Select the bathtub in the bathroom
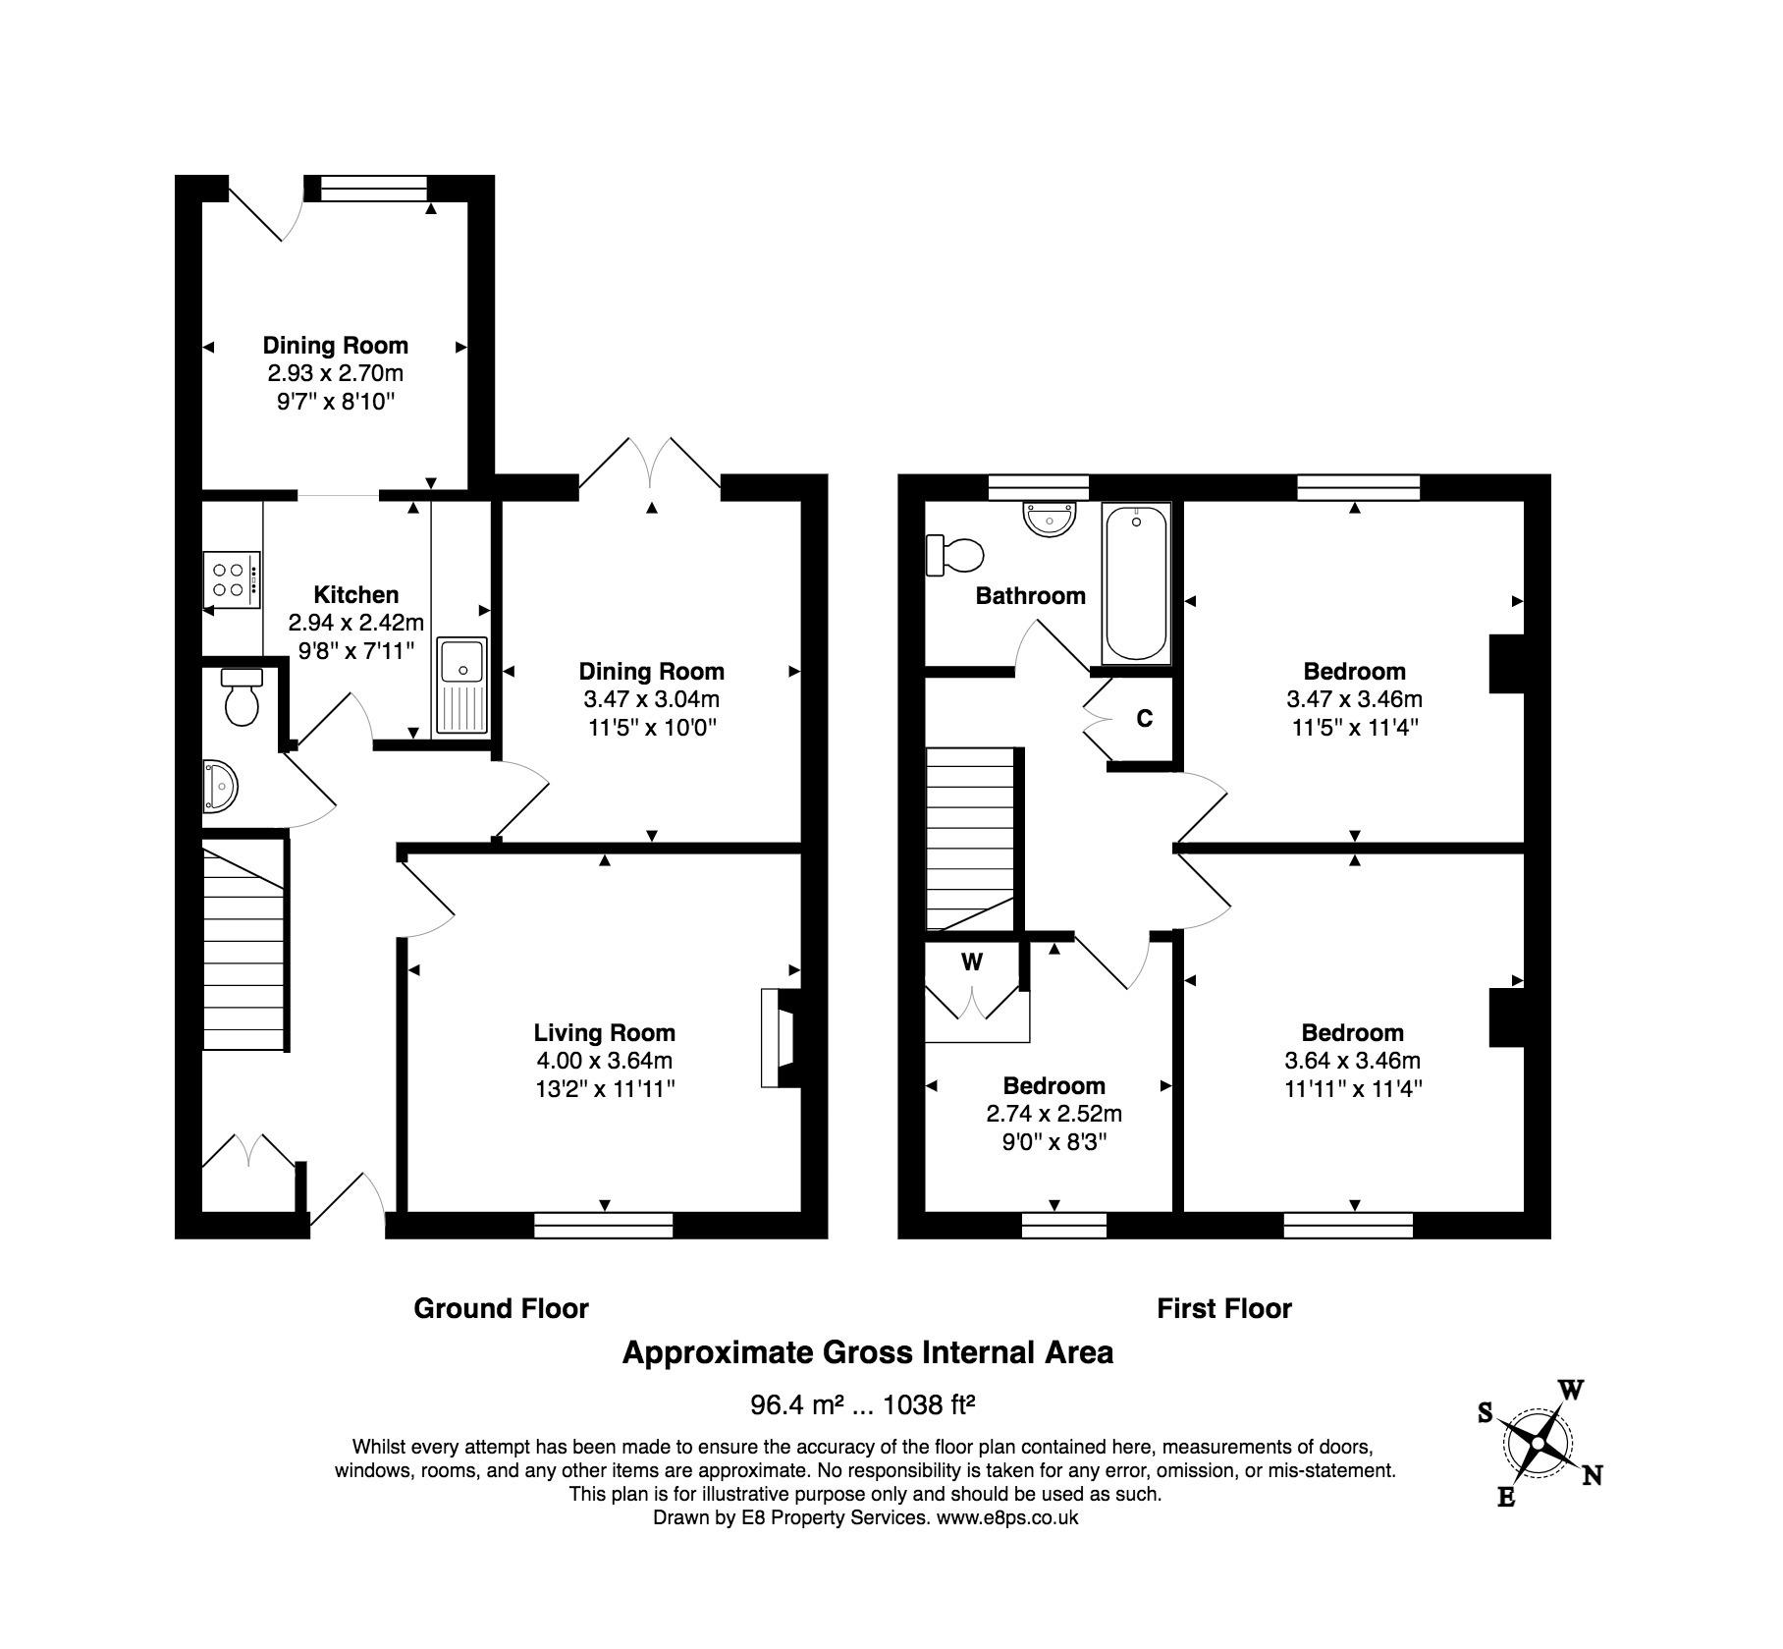coord(1137,583)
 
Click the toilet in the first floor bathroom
coord(954,555)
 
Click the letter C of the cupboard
coord(1144,719)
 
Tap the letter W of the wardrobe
coord(972,962)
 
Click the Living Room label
coord(604,1032)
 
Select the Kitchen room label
coord(356,594)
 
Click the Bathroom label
coord(1030,595)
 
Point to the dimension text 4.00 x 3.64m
coord(604,1061)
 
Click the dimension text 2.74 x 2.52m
coord(1054,1114)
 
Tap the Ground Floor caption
coord(501,1308)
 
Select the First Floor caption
coord(1224,1308)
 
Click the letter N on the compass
coord(1593,1475)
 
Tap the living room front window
coord(604,1225)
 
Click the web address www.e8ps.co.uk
coord(1007,1517)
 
